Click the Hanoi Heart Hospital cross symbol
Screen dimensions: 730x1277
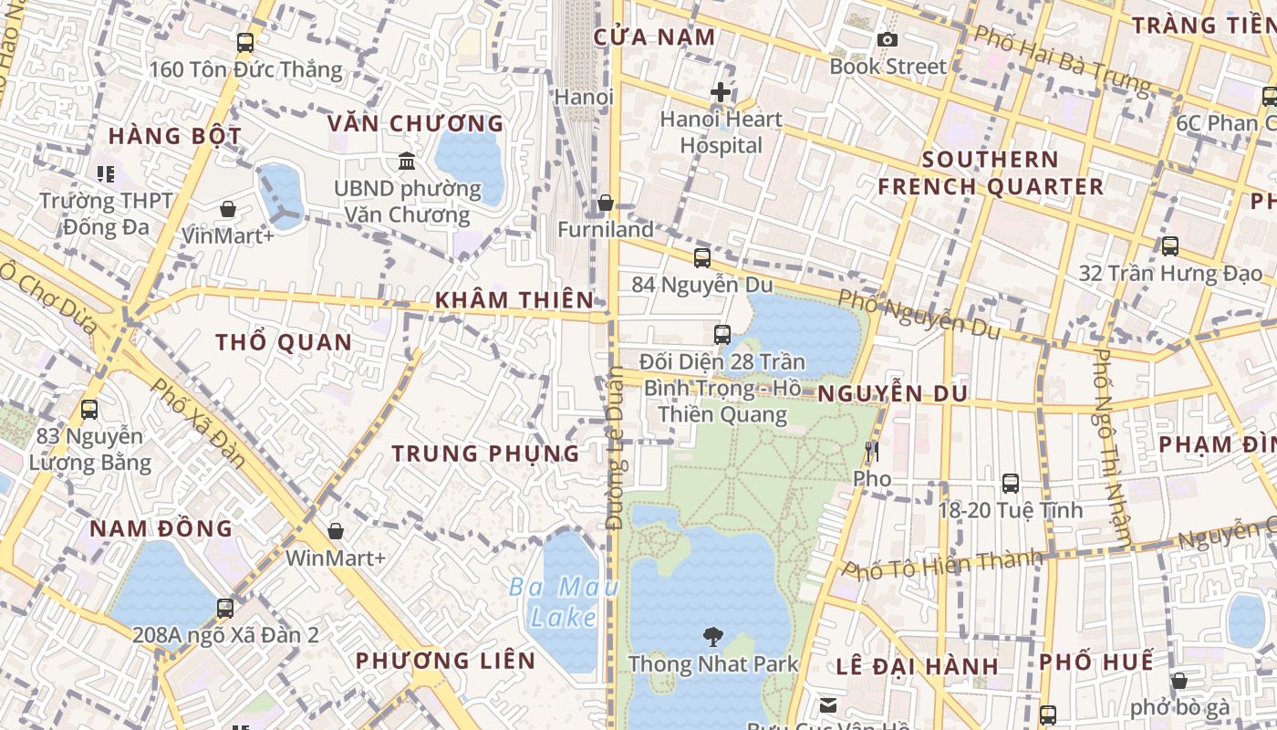tap(721, 92)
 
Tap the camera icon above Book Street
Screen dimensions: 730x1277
tap(887, 39)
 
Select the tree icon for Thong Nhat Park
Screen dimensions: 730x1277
tap(712, 636)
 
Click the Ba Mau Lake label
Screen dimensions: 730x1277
tap(565, 602)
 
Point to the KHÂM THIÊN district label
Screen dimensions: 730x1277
tap(514, 299)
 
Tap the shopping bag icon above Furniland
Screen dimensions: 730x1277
tap(605, 203)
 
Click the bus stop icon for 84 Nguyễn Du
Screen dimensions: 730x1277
tap(701, 258)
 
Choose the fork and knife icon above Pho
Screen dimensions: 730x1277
tap(872, 451)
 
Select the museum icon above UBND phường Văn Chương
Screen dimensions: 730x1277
tap(407, 162)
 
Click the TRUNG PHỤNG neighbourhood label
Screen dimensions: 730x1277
tap(485, 453)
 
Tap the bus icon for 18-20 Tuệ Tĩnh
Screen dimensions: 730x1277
tap(1010, 484)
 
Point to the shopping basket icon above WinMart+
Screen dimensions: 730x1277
tap(336, 531)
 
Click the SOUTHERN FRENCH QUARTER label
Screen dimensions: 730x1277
tap(991, 173)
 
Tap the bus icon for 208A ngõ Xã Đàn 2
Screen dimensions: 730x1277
tap(224, 608)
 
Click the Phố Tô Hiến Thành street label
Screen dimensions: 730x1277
tap(941, 563)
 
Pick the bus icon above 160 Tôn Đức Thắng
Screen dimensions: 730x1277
tap(244, 42)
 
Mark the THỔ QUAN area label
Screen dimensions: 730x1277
tap(284, 343)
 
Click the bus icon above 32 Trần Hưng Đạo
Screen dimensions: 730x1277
tap(1169, 245)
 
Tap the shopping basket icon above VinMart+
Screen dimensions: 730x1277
tap(228, 210)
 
